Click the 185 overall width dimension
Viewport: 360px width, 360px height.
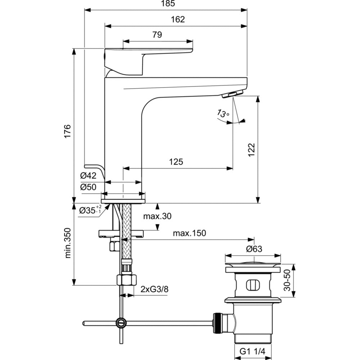click(x=166, y=4)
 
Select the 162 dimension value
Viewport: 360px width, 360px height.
click(x=177, y=19)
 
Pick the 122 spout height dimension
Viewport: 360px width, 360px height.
click(x=251, y=150)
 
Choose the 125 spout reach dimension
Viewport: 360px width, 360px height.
click(x=176, y=162)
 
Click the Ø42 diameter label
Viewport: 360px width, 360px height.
click(x=88, y=176)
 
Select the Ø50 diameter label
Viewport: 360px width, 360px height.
click(x=88, y=187)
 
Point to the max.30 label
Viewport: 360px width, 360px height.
click(x=157, y=216)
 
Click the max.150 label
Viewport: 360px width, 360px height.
click(x=189, y=233)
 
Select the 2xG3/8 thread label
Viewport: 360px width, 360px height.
click(x=154, y=289)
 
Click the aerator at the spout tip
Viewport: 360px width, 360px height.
click(x=229, y=94)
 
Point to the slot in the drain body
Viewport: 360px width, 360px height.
click(x=252, y=285)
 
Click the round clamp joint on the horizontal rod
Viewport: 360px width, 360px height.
click(x=121, y=322)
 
